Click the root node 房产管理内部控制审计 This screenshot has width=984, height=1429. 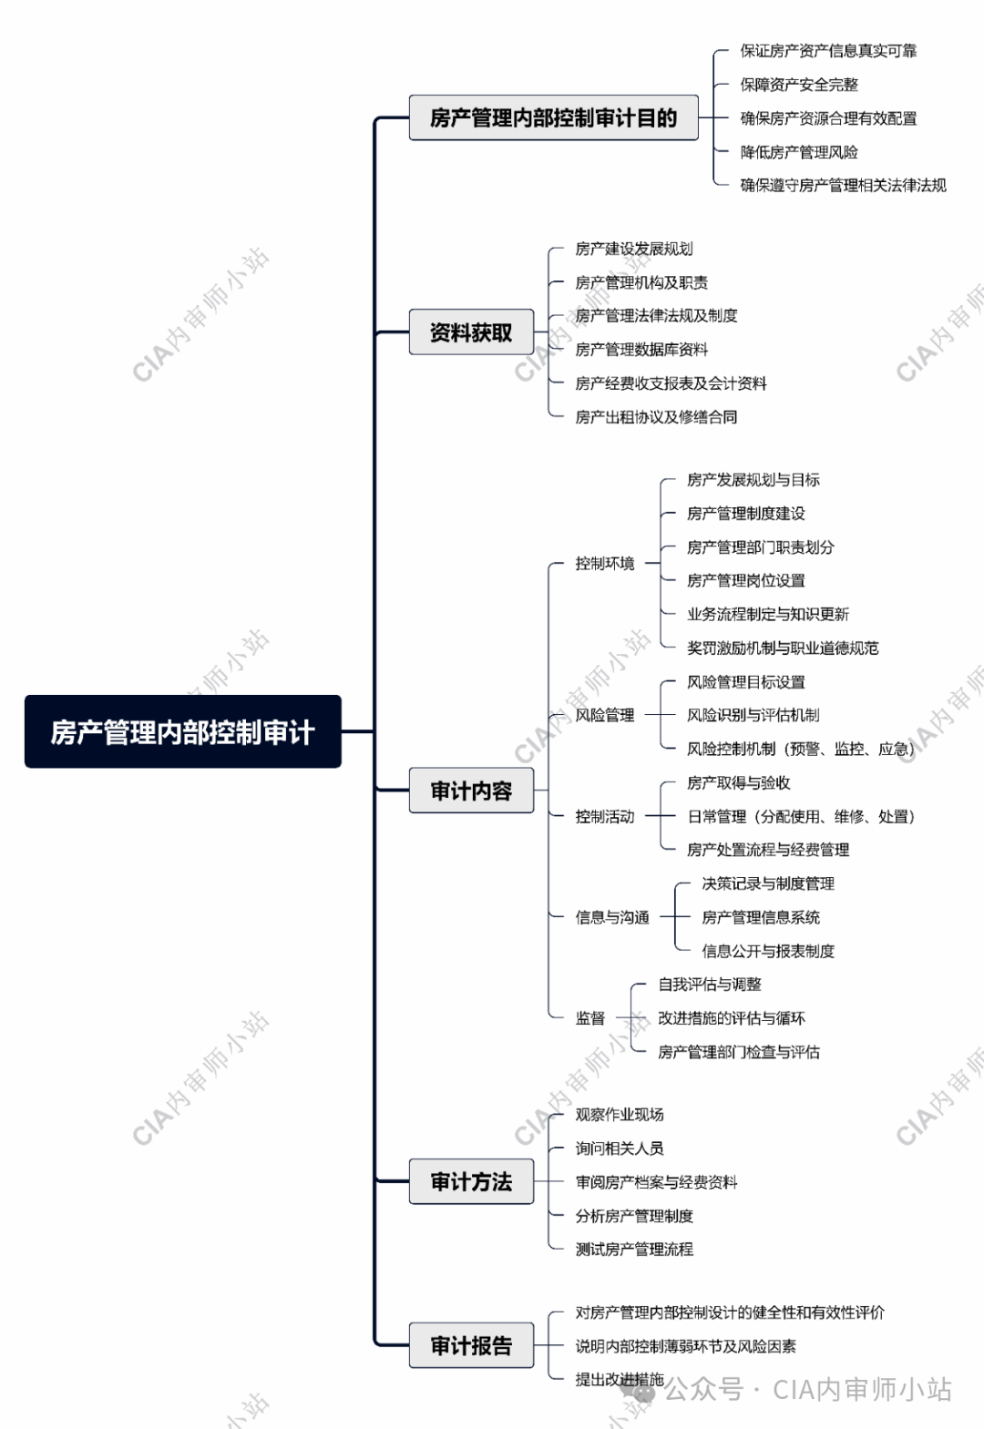[x=182, y=731]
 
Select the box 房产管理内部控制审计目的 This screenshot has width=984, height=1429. [x=553, y=117]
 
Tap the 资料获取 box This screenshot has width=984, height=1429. [x=471, y=332]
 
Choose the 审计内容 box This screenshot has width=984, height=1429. [x=471, y=791]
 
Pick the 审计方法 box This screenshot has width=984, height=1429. [x=471, y=1181]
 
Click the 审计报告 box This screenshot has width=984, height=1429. [x=471, y=1345]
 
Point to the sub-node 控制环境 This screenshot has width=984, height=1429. [x=605, y=563]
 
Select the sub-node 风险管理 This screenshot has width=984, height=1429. [x=605, y=715]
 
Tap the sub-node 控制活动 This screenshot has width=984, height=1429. [x=605, y=817]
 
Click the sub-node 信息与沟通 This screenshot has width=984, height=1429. [x=612, y=917]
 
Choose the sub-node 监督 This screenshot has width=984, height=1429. [x=590, y=1018]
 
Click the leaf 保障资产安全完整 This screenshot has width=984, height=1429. [x=799, y=85]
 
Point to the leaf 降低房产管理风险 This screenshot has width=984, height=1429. [x=799, y=152]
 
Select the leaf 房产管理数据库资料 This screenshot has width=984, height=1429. [x=641, y=350]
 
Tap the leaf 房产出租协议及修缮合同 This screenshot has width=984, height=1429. [x=656, y=417]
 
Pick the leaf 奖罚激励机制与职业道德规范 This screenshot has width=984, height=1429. [x=783, y=648]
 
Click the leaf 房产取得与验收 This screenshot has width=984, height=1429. [x=739, y=782]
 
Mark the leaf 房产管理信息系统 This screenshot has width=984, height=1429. [x=761, y=917]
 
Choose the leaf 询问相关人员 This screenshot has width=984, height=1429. [x=620, y=1148]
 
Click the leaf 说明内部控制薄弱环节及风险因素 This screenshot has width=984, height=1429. [x=686, y=1346]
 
